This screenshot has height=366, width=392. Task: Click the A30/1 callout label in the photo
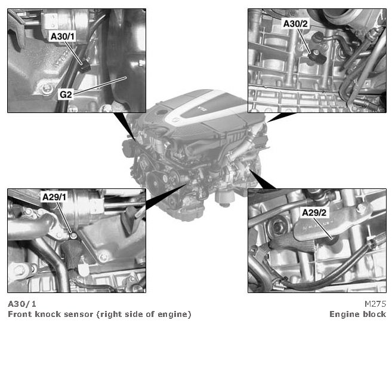click(x=63, y=36)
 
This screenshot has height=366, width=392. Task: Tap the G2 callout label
click(x=66, y=94)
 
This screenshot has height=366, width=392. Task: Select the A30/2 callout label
click(x=295, y=23)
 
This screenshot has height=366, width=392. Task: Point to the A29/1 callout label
click(x=54, y=197)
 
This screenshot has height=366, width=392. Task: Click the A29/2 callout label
click(x=314, y=213)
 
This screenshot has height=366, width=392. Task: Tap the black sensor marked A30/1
click(x=85, y=66)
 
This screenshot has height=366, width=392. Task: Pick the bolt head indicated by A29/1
click(x=73, y=236)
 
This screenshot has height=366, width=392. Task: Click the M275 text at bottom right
click(x=375, y=304)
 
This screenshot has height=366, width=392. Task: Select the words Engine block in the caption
click(x=358, y=314)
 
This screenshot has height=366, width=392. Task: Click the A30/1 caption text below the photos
click(x=22, y=304)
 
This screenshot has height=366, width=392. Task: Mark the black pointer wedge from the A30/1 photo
click(x=125, y=127)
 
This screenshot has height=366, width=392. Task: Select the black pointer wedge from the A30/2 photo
click(x=281, y=117)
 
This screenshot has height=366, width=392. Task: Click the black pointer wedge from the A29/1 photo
click(x=166, y=197)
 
